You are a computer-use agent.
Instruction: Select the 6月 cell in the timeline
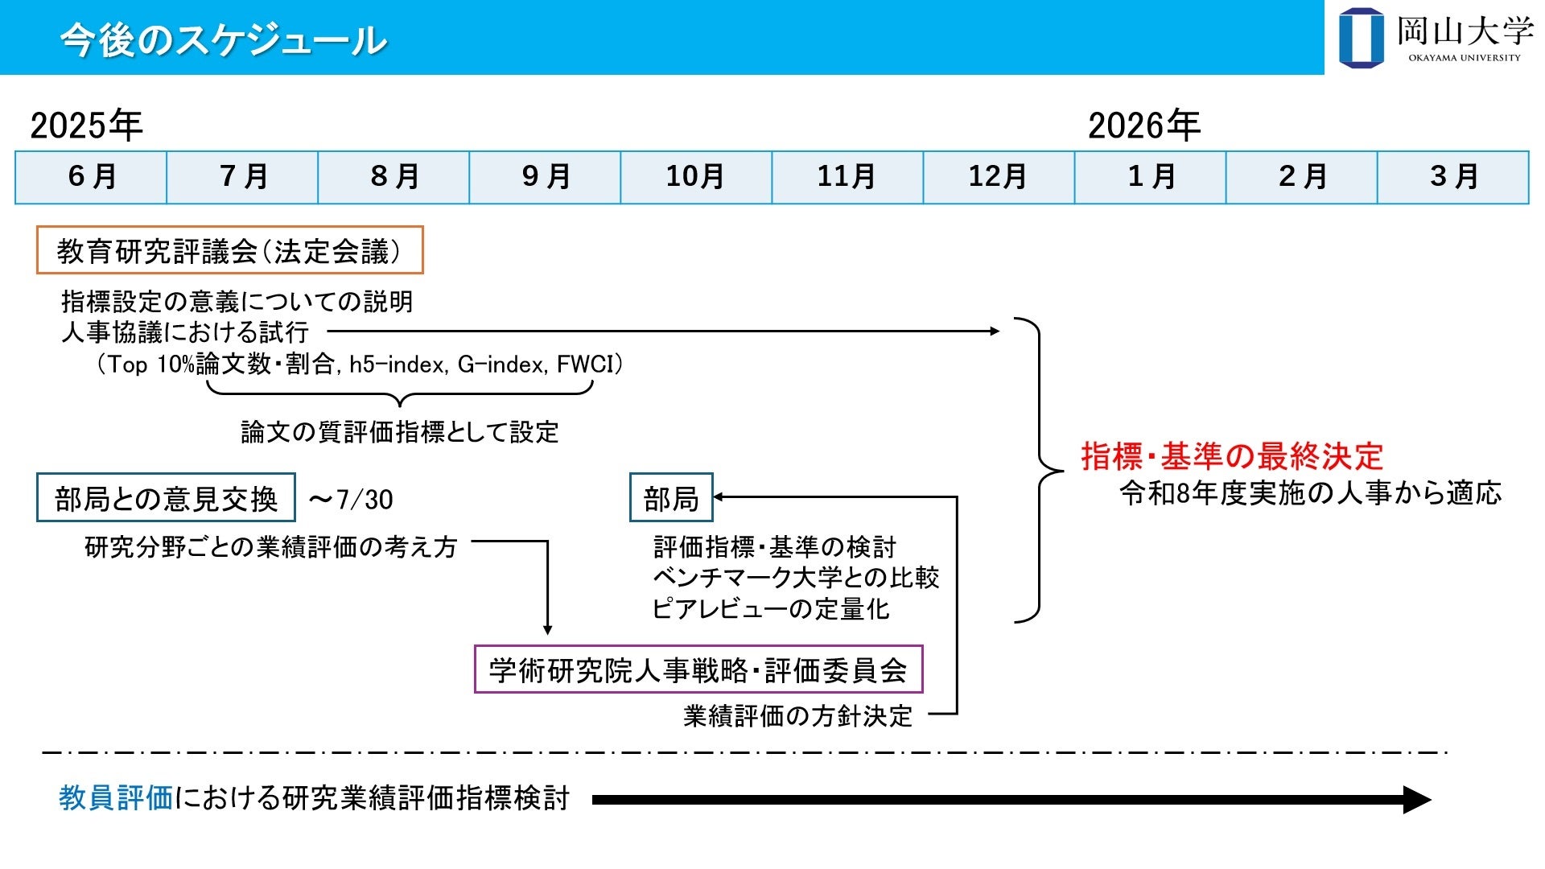pos(91,177)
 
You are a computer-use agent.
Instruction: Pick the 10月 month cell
pos(696,177)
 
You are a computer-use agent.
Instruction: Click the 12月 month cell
pos(999,177)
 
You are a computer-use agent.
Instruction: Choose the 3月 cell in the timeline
pos(1453,177)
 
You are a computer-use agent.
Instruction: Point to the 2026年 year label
pos(1144,126)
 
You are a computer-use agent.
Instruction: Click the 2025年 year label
pos(86,126)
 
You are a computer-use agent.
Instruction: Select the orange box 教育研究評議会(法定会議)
pos(229,250)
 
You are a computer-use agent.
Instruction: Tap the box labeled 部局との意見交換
pos(166,498)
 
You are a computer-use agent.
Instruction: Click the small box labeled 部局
pos(671,498)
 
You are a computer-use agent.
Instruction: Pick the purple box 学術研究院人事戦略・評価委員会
pos(698,669)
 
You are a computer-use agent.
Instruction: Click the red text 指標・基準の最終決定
pos(1232,456)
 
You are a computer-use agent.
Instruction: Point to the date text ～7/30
pos(351,500)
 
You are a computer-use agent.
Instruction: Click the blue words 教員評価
pos(116,798)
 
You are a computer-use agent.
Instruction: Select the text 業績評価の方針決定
pos(797,715)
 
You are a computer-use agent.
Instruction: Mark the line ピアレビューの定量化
pos(771,608)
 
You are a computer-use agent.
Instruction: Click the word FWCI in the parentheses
pos(584,364)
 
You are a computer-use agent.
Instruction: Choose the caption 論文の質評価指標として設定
pos(400,432)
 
